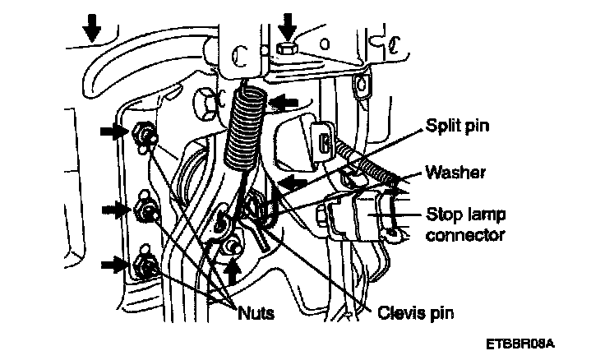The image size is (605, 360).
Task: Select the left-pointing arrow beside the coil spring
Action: click(284, 102)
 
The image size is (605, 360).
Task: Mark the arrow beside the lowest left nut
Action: click(113, 264)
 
